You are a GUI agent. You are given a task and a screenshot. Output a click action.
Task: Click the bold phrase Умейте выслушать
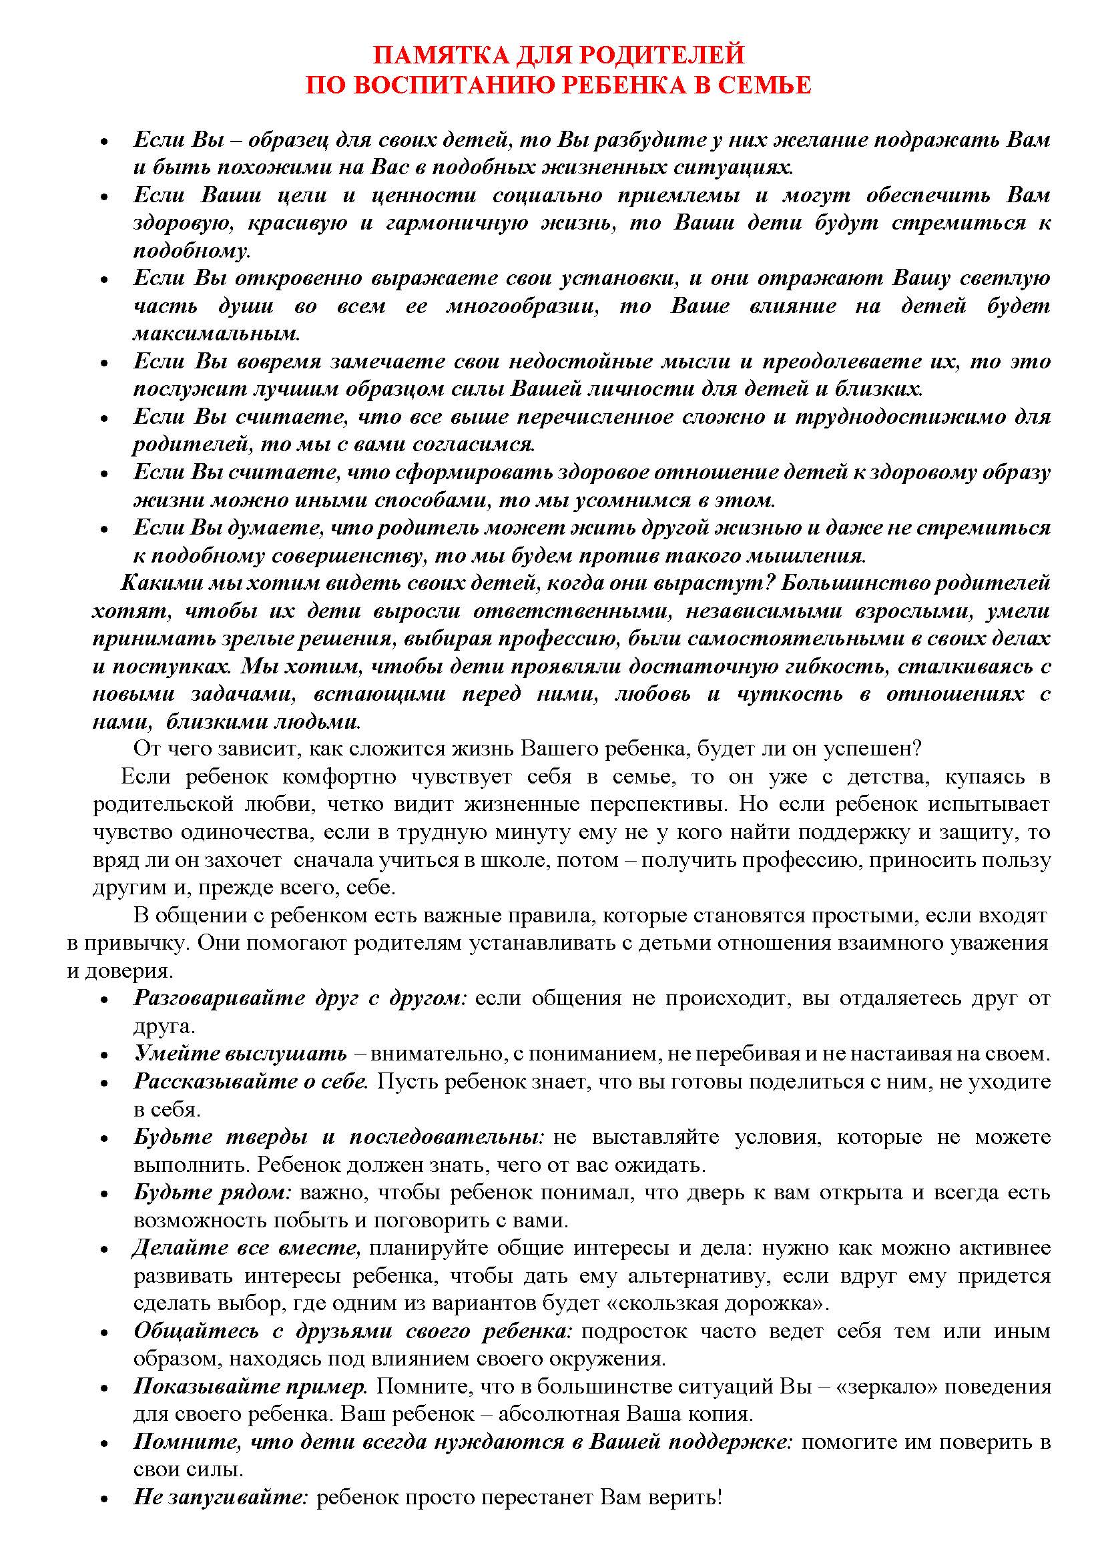pos(240,1054)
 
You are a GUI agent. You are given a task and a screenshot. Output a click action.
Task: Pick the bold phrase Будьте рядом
pos(212,1193)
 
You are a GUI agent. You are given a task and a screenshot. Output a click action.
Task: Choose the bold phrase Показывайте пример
pos(250,1386)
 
